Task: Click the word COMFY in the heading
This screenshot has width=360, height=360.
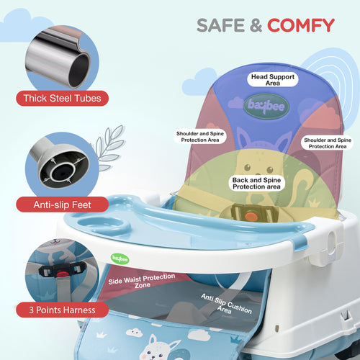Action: pos(301,25)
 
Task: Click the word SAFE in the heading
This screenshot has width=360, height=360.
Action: pos(220,25)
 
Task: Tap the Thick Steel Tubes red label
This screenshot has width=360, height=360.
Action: pos(62,98)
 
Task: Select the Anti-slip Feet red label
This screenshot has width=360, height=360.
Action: pos(62,204)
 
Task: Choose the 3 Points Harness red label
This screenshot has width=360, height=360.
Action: pos(62,310)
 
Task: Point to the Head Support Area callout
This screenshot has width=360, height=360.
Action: pos(273,80)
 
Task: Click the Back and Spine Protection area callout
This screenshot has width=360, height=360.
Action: pos(256,184)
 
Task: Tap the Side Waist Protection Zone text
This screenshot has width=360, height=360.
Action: pos(142,282)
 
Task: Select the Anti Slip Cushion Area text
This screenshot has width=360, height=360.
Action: pos(226,304)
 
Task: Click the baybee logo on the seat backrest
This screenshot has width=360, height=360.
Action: pos(266,106)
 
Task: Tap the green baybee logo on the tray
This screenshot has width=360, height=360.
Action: pos(120,259)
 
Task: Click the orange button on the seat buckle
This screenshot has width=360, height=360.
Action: pos(251,217)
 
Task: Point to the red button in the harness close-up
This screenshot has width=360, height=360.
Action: pos(63,274)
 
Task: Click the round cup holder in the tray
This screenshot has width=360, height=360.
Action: pos(104,225)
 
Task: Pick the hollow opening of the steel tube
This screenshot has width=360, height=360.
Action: pos(79,70)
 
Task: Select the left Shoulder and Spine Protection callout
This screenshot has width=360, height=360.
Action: pos(200,137)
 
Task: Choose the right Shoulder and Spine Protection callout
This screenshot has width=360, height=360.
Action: pos(328,143)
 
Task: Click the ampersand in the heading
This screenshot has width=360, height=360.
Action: pos(256,25)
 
